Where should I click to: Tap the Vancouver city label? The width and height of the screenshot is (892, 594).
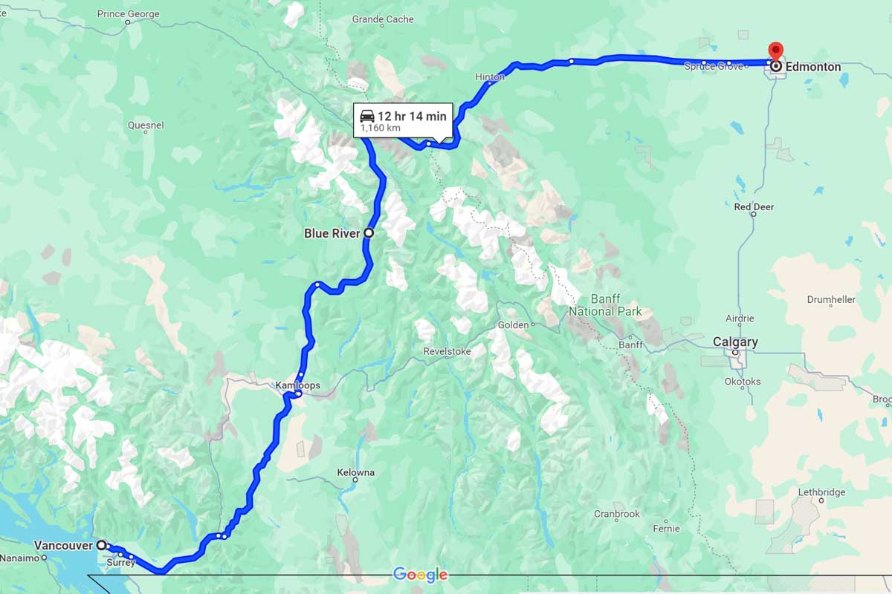click(x=62, y=545)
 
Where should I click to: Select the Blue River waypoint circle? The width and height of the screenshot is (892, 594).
click(x=368, y=233)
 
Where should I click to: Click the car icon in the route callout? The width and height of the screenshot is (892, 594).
click(x=367, y=116)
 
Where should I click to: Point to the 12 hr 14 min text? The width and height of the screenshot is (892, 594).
click(x=412, y=116)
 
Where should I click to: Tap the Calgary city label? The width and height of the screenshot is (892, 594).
click(x=735, y=342)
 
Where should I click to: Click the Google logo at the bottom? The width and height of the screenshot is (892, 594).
click(x=420, y=575)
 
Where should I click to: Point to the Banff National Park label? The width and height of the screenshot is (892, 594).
click(x=605, y=305)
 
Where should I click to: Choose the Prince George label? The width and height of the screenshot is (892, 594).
click(x=129, y=14)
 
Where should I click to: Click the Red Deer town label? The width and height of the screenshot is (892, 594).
click(x=754, y=206)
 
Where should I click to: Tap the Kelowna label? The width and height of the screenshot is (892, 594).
click(x=355, y=472)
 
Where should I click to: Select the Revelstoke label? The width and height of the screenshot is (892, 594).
click(x=447, y=351)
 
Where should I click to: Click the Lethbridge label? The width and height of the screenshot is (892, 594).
click(x=821, y=492)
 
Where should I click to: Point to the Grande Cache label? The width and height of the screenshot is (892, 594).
click(x=383, y=19)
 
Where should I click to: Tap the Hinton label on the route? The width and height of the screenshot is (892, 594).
click(x=490, y=76)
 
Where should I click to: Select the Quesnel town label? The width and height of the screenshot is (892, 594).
click(x=146, y=125)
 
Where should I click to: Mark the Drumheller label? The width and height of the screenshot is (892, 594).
click(x=831, y=299)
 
